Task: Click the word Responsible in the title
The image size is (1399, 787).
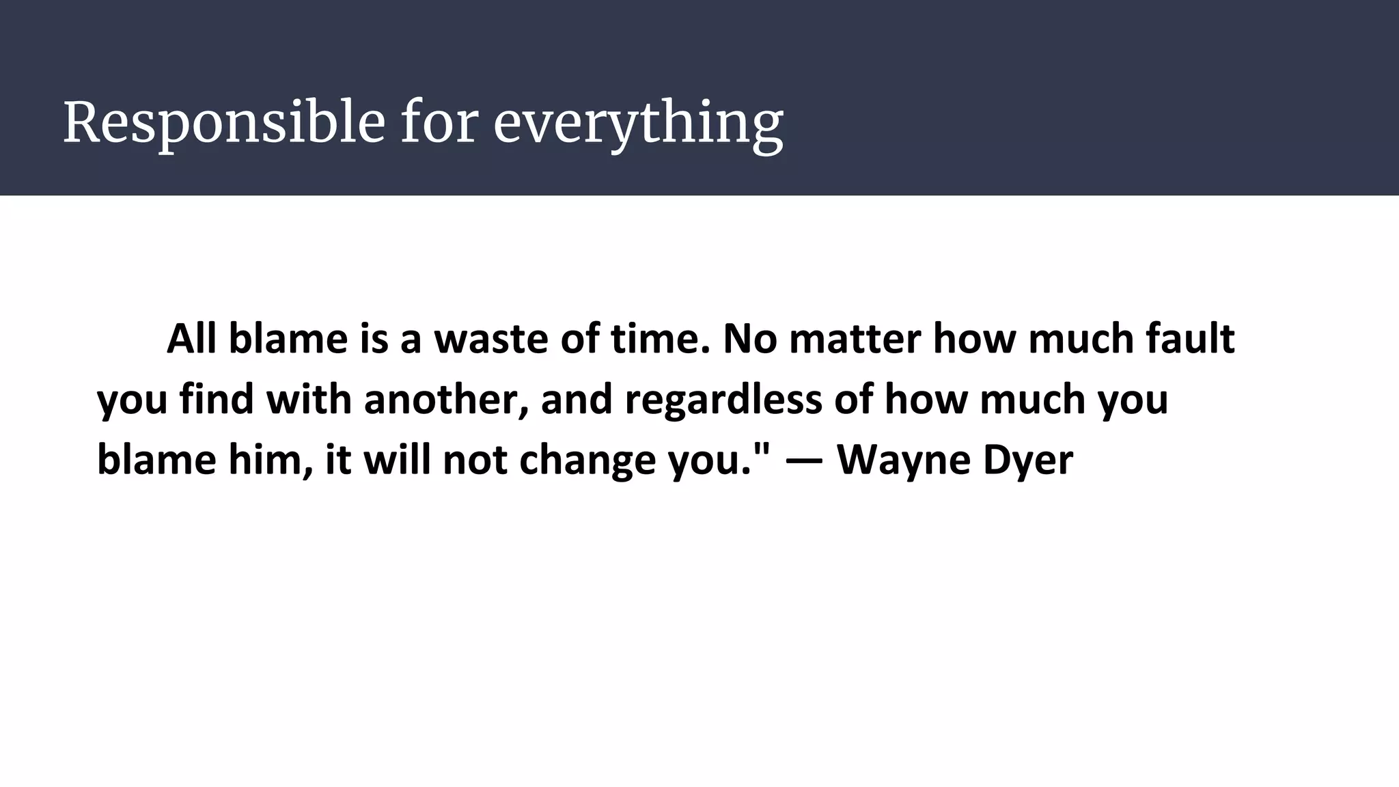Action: coord(224,123)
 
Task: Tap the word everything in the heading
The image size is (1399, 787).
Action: coord(638,123)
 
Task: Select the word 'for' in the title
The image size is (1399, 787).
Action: coord(439,123)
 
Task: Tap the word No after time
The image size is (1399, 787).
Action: coord(749,339)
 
